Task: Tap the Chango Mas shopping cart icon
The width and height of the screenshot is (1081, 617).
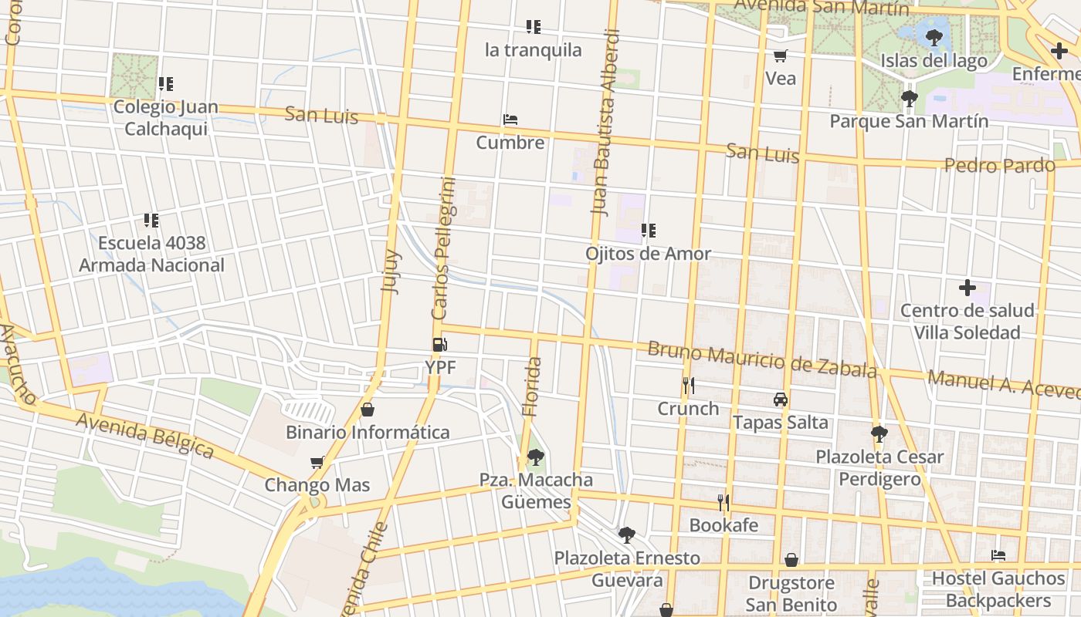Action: point(317,463)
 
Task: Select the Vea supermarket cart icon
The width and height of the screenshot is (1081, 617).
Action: point(780,56)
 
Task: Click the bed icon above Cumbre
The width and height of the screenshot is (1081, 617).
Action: point(510,120)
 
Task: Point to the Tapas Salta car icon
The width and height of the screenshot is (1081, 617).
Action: point(781,400)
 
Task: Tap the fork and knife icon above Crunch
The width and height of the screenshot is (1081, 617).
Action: point(688,385)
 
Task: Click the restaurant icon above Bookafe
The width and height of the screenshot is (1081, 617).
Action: point(723,503)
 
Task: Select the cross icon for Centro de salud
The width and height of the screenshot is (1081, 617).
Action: point(967,288)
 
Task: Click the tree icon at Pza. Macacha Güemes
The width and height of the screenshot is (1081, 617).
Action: point(535,457)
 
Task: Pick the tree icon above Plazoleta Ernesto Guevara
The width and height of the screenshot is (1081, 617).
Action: point(627,534)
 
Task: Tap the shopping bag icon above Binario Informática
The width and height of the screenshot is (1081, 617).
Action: point(368,410)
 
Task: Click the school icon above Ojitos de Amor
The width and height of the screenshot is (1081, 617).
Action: point(649,231)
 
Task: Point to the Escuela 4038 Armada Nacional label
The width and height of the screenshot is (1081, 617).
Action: point(151,255)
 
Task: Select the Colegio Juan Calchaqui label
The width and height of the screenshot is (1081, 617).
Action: point(165,118)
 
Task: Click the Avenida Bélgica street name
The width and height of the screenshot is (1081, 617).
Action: point(144,435)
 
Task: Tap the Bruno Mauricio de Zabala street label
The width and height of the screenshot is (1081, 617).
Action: point(761,359)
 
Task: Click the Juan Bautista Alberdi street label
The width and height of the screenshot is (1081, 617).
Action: point(605,122)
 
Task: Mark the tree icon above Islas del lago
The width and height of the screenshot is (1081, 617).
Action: point(934,37)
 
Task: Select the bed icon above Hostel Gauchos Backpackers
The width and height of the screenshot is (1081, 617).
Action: point(998,555)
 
